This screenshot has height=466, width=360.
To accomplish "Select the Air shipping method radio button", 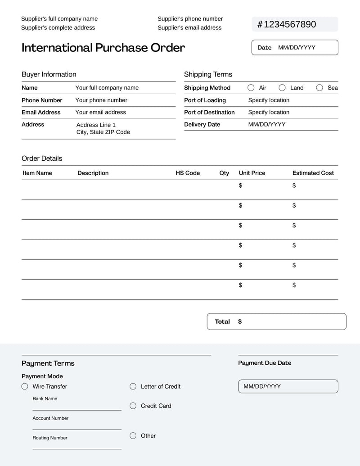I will (x=251, y=88).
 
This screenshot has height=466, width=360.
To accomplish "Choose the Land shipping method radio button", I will (x=282, y=88).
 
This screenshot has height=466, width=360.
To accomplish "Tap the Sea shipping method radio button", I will (x=319, y=88).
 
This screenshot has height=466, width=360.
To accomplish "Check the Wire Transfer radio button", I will (x=25, y=386).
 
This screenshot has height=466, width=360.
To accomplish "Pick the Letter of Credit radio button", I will (x=133, y=386).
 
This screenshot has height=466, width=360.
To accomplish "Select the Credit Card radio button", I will (x=133, y=406).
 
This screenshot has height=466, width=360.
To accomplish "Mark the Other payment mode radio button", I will (x=133, y=435).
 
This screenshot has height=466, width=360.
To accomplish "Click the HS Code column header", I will (x=188, y=173).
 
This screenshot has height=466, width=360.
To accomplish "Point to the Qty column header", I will (x=224, y=173).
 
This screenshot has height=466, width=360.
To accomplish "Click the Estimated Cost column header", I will (x=313, y=173).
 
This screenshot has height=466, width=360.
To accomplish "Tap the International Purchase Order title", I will (x=103, y=48).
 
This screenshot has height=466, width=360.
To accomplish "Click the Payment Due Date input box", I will (x=288, y=386).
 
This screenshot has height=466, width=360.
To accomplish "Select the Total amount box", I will (x=276, y=321).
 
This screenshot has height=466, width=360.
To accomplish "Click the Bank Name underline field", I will (x=76, y=407).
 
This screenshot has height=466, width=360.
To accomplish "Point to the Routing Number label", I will (x=50, y=438).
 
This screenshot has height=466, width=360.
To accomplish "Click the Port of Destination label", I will (x=209, y=112).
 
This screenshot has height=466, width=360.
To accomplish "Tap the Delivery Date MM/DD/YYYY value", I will (x=267, y=124).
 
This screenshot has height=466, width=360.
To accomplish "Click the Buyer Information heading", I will (x=49, y=74).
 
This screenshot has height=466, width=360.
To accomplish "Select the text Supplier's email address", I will (x=189, y=27).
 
